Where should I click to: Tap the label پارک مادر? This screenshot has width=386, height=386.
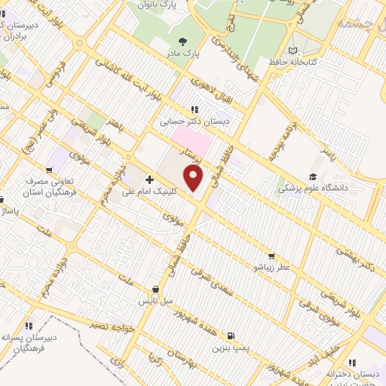pos(184,54)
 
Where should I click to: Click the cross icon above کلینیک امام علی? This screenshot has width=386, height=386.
pos(149,180)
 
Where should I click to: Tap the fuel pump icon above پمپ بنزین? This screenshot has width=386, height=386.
pos(230,337)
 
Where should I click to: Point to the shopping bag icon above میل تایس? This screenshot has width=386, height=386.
pos(155,289)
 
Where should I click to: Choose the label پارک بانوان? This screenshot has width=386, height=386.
pos(157,5)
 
